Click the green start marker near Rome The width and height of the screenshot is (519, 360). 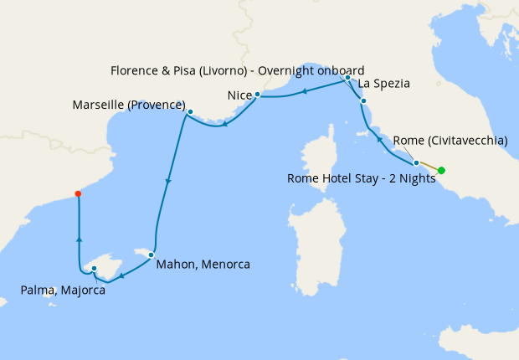[441, 171]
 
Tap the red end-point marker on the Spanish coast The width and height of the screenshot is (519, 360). [78, 193]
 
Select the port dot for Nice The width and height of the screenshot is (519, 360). [257, 95]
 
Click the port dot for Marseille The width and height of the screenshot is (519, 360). [190, 111]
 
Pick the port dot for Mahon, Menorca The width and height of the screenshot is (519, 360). [151, 254]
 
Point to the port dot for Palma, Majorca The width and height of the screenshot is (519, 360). [95, 269]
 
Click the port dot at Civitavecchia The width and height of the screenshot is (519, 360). [416, 162]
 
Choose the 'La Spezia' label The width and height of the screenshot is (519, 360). [383, 84]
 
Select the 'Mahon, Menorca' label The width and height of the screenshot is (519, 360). [203, 264]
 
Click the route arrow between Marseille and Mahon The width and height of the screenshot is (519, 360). [169, 181]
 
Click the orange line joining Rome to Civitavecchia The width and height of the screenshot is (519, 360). [429, 167]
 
